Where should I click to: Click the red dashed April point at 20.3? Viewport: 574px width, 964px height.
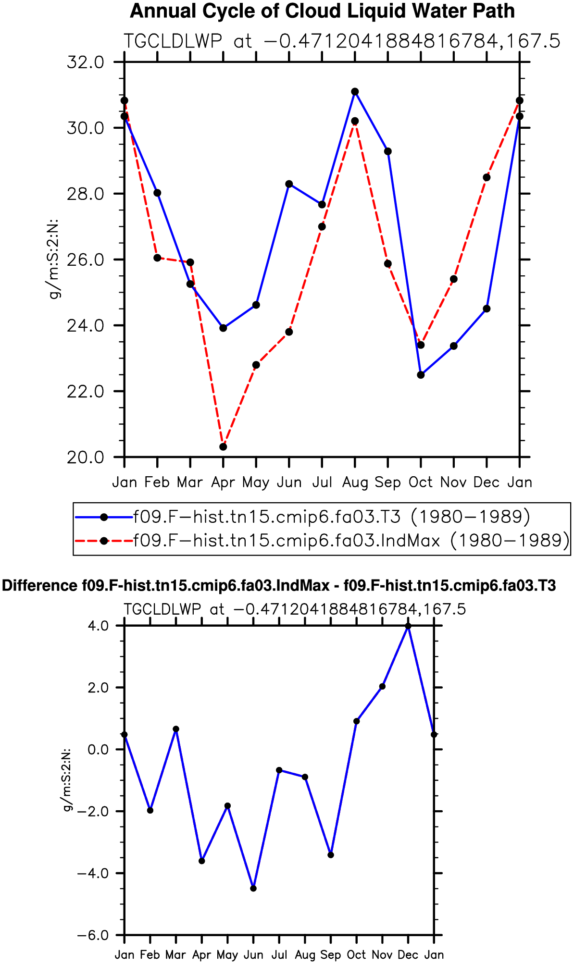pyautogui.click(x=223, y=447)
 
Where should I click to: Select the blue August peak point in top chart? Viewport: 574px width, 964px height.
pyautogui.click(x=355, y=92)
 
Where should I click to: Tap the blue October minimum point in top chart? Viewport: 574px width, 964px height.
pyautogui.click(x=421, y=375)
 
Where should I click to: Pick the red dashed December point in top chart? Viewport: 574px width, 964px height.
pyautogui.click(x=487, y=177)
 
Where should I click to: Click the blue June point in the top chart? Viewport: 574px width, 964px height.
pyautogui.click(x=289, y=184)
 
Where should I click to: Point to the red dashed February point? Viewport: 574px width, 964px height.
pyautogui.click(x=157, y=258)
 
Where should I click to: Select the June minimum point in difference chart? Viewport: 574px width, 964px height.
pyautogui.click(x=253, y=889)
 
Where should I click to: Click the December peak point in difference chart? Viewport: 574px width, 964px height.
pyautogui.click(x=408, y=626)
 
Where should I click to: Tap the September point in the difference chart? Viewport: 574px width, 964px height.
pyautogui.click(x=331, y=855)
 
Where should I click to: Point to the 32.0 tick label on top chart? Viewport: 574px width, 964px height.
pyautogui.click(x=86, y=62)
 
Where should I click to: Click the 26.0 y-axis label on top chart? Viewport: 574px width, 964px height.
pyautogui.click(x=86, y=260)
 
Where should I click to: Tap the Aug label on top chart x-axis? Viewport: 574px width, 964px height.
pyautogui.click(x=355, y=482)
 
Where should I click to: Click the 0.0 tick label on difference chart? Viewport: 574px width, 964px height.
pyautogui.click(x=99, y=750)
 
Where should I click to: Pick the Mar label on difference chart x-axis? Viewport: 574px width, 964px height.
pyautogui.click(x=175, y=955)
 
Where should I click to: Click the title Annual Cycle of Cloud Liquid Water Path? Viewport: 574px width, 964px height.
pyautogui.click(x=322, y=11)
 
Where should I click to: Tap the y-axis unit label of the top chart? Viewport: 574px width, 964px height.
pyautogui.click(x=54, y=259)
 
